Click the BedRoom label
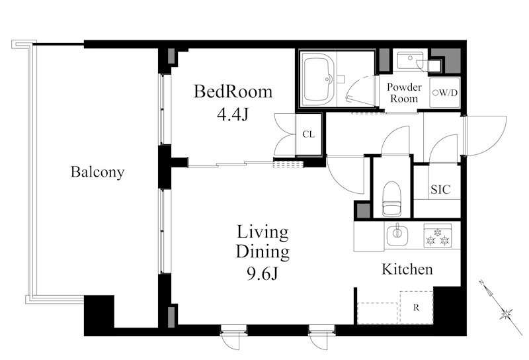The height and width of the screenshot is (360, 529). tap(233, 91)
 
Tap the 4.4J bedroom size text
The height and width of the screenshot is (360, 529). tap(233, 115)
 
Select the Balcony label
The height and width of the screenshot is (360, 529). tap(97, 172)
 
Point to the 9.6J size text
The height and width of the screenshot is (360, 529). tap(263, 273)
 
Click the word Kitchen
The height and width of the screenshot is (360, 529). tap(407, 269)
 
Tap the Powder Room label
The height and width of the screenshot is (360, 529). tap(404, 93)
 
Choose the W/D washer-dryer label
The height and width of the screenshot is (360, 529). tap(445, 93)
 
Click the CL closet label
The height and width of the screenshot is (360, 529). tap(308, 134)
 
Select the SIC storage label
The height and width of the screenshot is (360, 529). tap(440, 189)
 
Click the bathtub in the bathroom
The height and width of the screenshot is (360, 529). tap(318, 79)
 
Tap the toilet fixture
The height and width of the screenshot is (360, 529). tap(392, 199)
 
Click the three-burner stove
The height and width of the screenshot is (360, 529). tap(438, 236)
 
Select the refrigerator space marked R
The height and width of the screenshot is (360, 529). tap(417, 307)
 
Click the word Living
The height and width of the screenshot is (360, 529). tap(263, 233)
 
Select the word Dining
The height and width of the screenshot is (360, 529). tap(263, 253)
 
